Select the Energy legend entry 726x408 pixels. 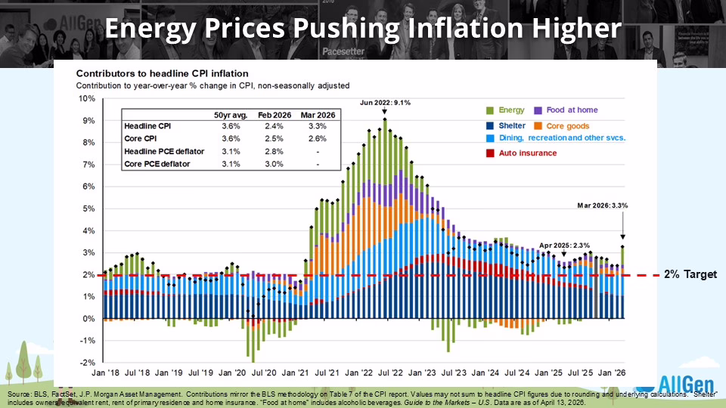coord(511,110)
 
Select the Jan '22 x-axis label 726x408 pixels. coord(360,373)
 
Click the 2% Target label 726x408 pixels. coord(690,275)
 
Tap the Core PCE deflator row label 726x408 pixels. coord(157,163)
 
